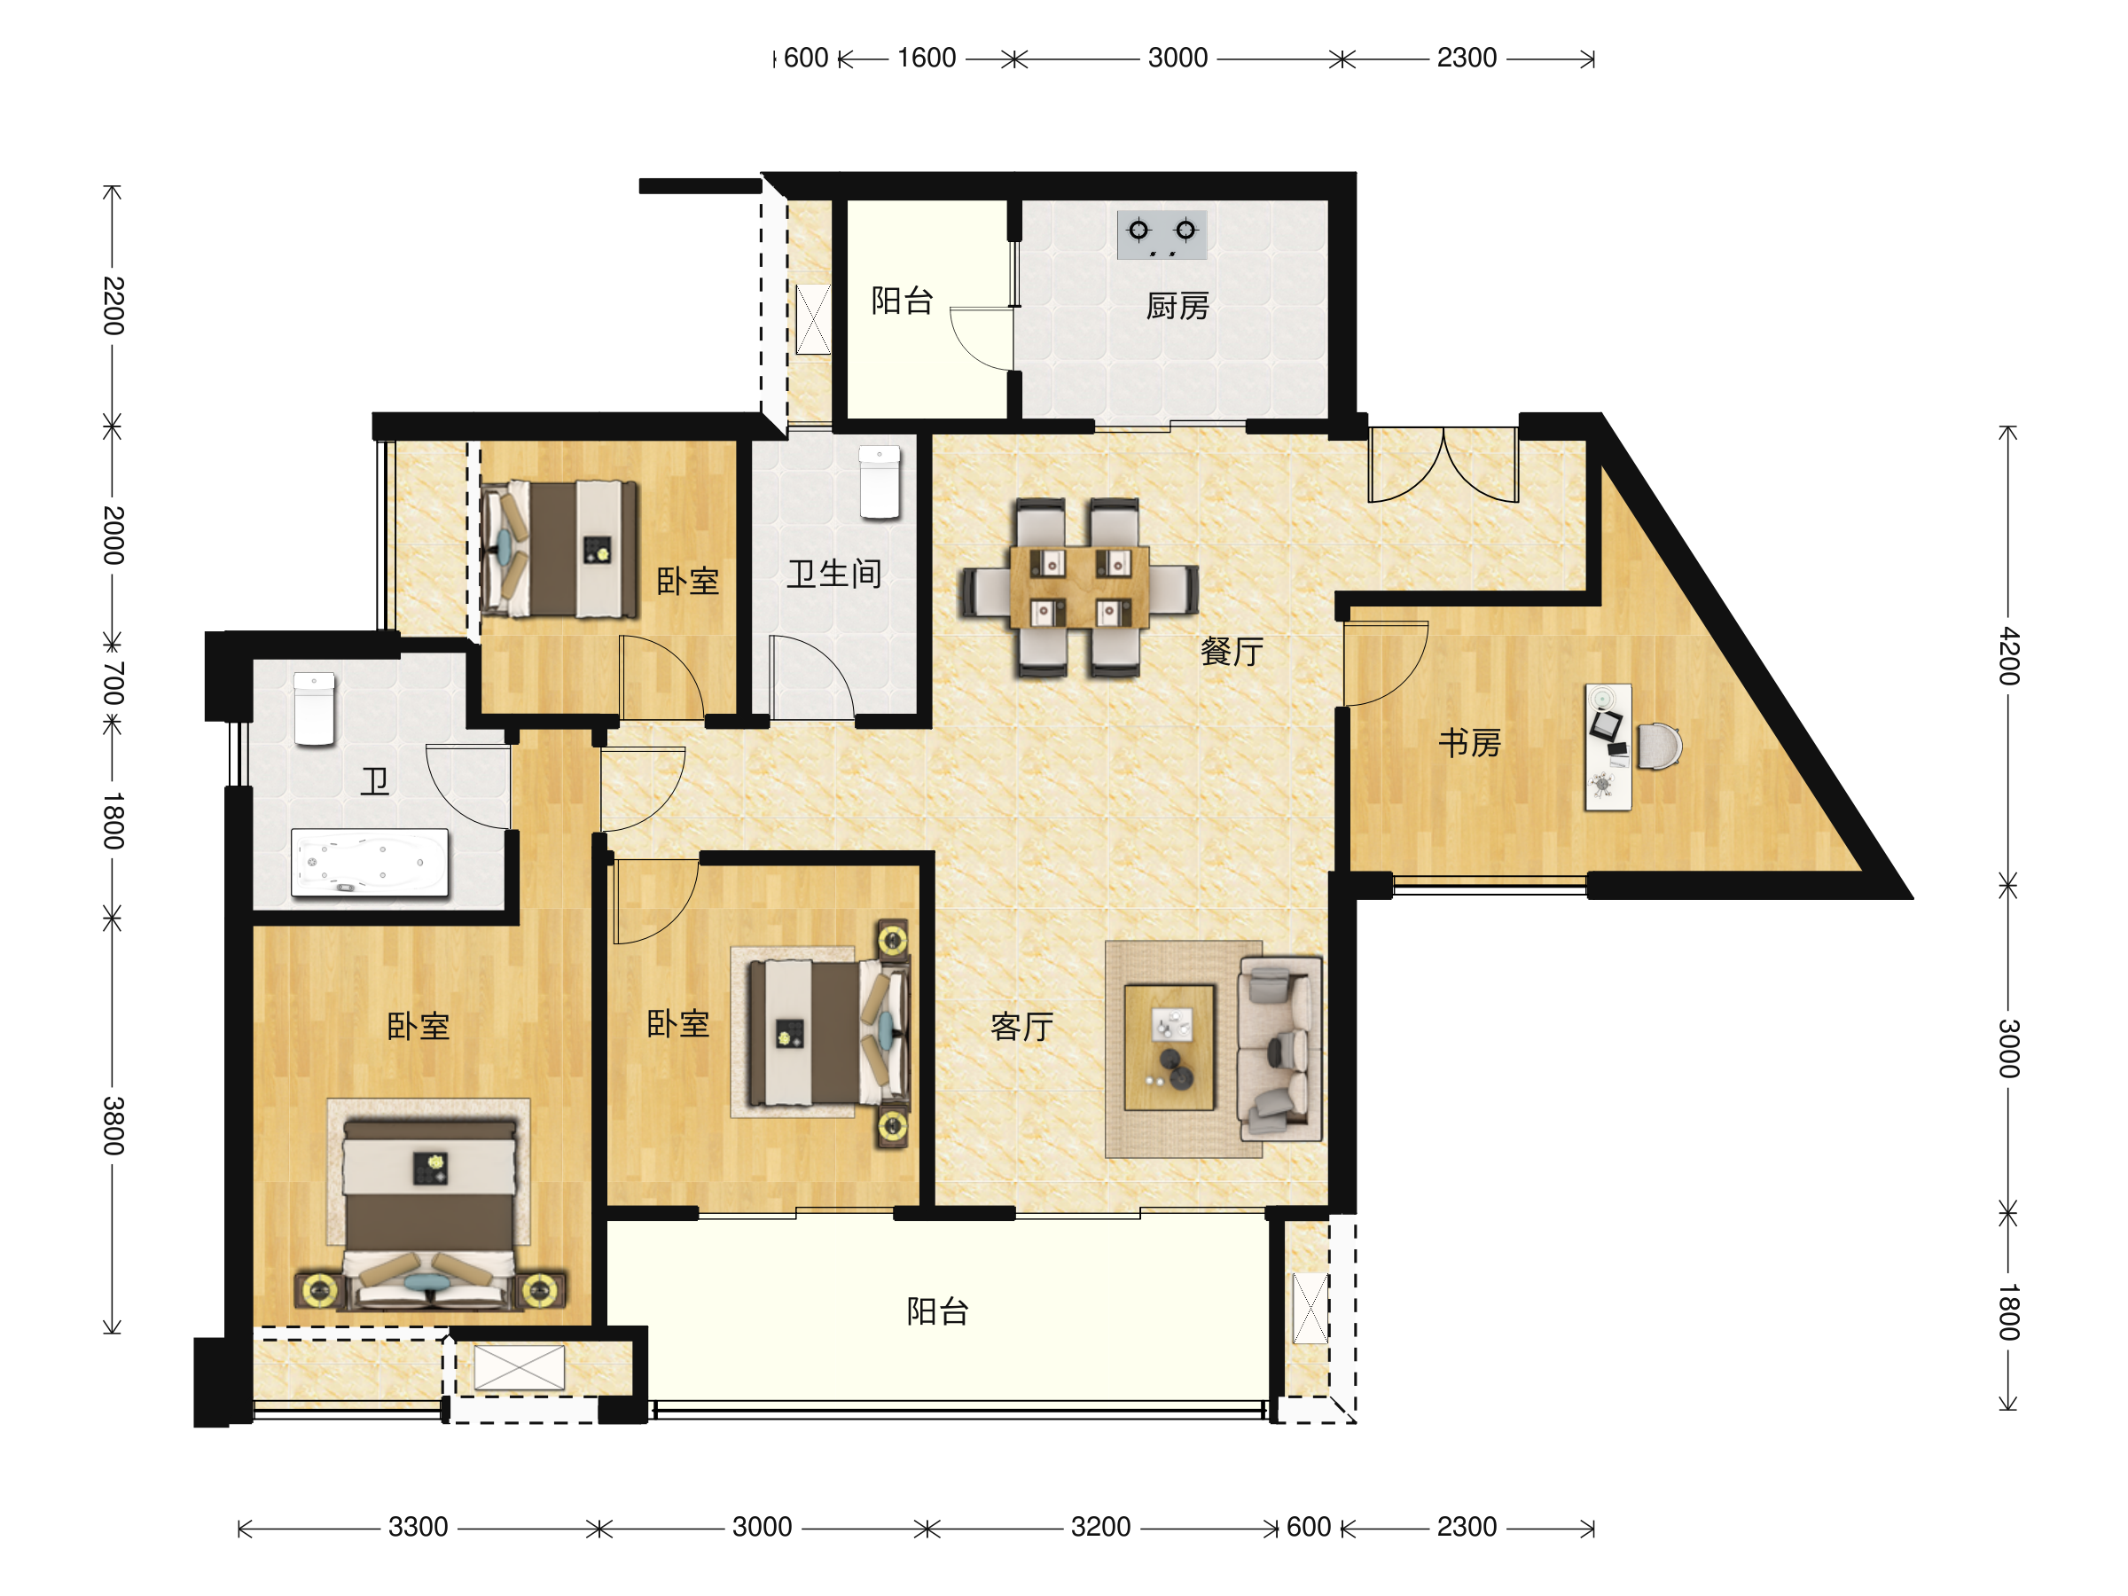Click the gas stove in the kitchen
point(1162,235)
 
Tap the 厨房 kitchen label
point(1177,306)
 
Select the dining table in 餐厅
point(1078,587)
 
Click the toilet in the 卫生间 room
point(880,482)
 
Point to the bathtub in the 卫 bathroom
point(370,862)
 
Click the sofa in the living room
point(1279,1048)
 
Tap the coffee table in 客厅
point(1170,1046)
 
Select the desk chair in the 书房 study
point(1660,747)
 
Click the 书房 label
point(1469,743)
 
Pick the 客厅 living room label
point(1021,1027)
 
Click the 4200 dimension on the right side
point(2007,655)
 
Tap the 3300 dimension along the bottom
point(418,1527)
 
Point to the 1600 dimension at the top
point(927,58)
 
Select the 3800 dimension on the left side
point(113,1124)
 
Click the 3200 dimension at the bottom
point(1100,1527)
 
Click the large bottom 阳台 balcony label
point(937,1311)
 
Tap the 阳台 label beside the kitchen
point(902,301)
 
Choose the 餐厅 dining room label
point(1232,652)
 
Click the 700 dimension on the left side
point(113,682)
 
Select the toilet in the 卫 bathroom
point(314,709)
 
